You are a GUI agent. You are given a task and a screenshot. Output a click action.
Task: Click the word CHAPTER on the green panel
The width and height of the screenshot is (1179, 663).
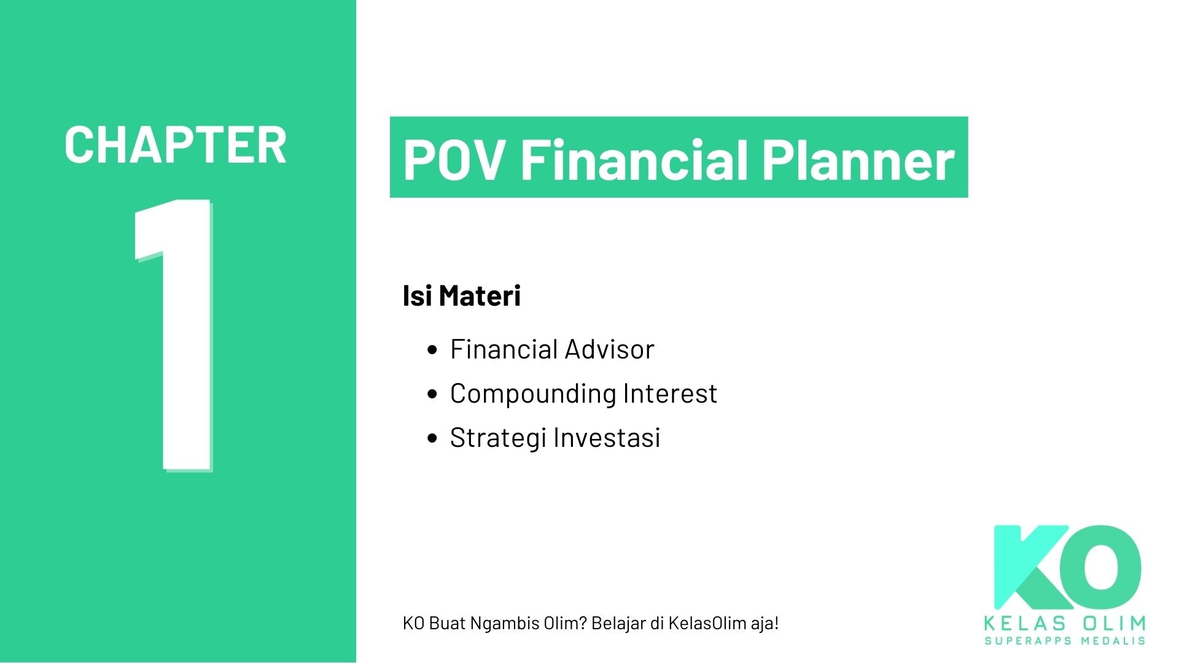pyautogui.click(x=175, y=145)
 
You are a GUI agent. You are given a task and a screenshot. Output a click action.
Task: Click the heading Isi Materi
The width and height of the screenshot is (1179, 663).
pyautogui.click(x=461, y=296)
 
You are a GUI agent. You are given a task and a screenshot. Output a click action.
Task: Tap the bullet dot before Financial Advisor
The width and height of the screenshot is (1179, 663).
pyautogui.click(x=432, y=350)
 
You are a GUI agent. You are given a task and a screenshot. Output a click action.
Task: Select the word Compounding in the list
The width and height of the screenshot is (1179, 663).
pyautogui.click(x=532, y=394)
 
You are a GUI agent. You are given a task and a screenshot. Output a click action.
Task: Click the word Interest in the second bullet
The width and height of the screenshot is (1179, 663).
pyautogui.click(x=670, y=394)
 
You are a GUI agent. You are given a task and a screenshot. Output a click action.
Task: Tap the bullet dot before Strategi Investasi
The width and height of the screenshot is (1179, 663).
pyautogui.click(x=432, y=438)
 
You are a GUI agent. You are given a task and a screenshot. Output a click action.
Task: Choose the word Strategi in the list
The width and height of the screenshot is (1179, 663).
pyautogui.click(x=498, y=438)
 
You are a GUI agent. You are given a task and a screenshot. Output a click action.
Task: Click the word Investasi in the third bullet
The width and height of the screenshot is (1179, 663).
pyautogui.click(x=607, y=438)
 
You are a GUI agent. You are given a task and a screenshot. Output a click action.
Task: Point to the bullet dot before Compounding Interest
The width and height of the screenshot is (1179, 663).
pyautogui.click(x=432, y=394)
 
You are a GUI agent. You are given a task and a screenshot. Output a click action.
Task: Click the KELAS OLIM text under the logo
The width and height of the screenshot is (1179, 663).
pyautogui.click(x=1065, y=624)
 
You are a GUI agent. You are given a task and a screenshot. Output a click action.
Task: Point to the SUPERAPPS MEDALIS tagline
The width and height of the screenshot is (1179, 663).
pyautogui.click(x=1065, y=641)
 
